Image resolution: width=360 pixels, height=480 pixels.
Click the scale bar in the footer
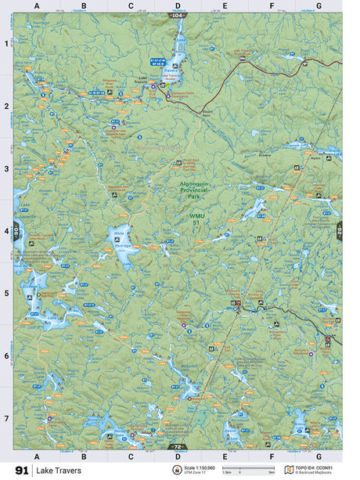click(249, 467)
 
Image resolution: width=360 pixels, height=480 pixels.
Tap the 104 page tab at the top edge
click(178, 15)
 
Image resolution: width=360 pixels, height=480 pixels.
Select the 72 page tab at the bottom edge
click(178, 446)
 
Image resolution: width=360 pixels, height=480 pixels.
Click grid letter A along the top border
click(37, 5)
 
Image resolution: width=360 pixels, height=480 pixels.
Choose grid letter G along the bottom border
click(319, 455)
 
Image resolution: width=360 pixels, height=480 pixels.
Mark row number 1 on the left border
click(6, 44)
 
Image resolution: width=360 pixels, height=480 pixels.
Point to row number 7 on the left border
click(6, 418)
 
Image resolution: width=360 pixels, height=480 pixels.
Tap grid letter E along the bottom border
click(225, 455)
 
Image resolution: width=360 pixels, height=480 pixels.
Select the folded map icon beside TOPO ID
click(289, 470)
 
